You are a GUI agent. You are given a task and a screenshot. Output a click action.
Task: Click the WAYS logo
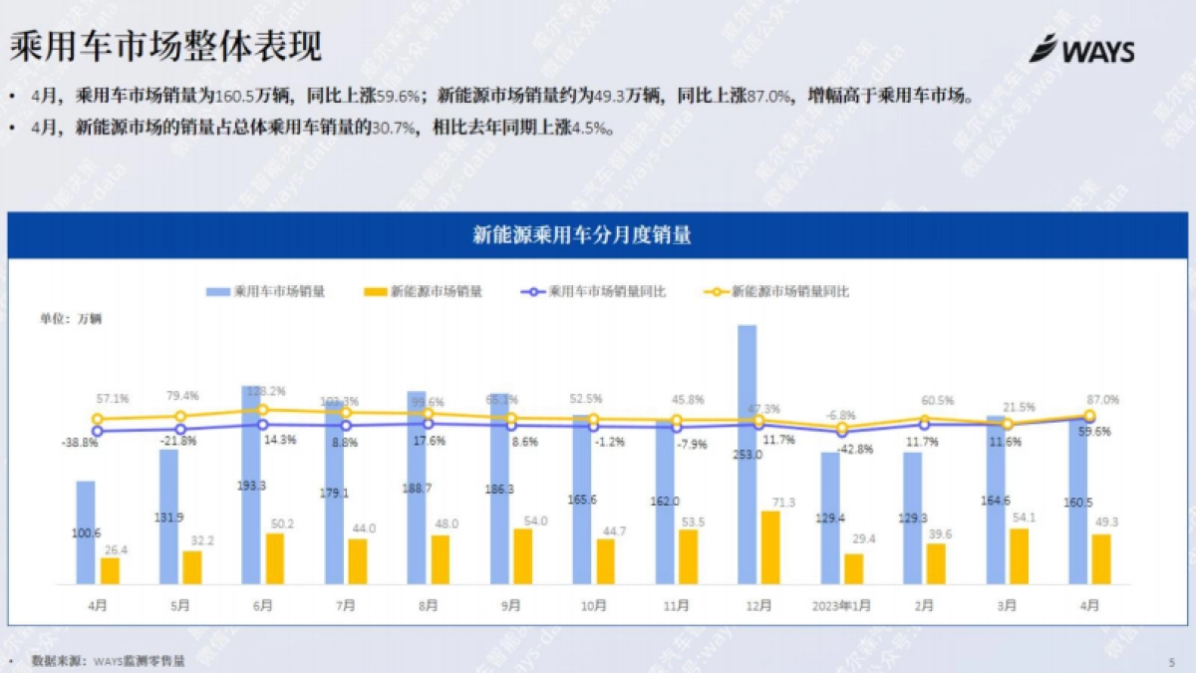pyautogui.click(x=1081, y=49)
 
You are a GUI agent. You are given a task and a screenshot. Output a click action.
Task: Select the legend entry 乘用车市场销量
pyautogui.click(x=266, y=292)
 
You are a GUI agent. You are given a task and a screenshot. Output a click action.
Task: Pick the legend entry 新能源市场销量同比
pyautogui.click(x=777, y=292)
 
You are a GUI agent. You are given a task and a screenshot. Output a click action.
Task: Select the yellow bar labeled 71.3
pyautogui.click(x=770, y=547)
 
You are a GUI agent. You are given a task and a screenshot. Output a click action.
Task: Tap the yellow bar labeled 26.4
pyautogui.click(x=110, y=570)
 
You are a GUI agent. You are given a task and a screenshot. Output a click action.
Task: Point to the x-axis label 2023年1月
pyautogui.click(x=840, y=604)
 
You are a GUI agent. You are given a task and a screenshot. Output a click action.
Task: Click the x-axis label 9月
pyautogui.click(x=510, y=604)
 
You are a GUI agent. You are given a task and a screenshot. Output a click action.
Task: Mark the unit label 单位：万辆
pyautogui.click(x=71, y=319)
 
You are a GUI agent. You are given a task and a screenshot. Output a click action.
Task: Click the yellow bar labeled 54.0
pyautogui.click(x=523, y=555)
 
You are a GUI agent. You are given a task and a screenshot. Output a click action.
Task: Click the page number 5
pyautogui.click(x=1172, y=661)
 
